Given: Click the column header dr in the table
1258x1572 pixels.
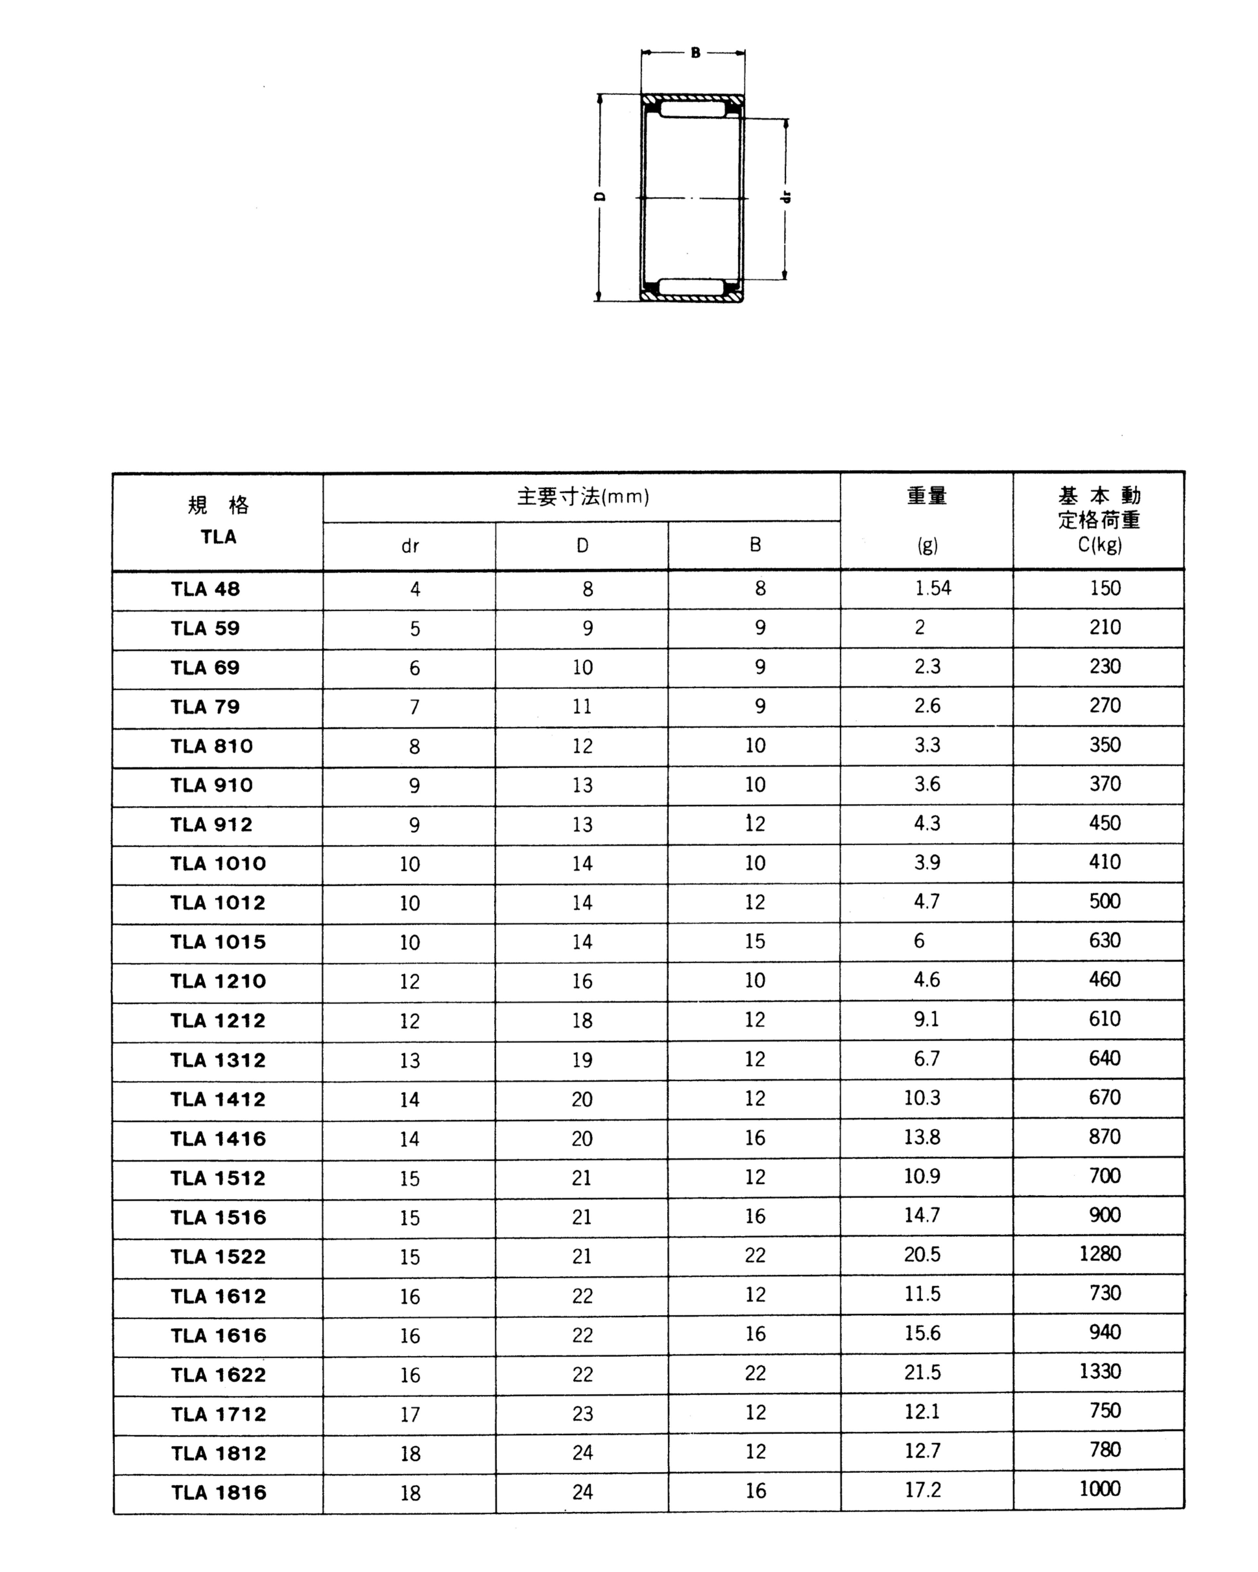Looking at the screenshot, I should pos(410,546).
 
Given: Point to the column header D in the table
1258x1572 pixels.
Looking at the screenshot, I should pos(582,545).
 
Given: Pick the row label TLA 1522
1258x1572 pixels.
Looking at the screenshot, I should pos(218,1257).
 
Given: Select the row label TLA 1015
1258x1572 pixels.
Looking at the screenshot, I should pos(218,942).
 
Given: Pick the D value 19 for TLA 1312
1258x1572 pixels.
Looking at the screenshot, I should pos(582,1060).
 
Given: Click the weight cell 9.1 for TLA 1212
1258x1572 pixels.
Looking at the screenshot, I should pos(926,1019).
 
